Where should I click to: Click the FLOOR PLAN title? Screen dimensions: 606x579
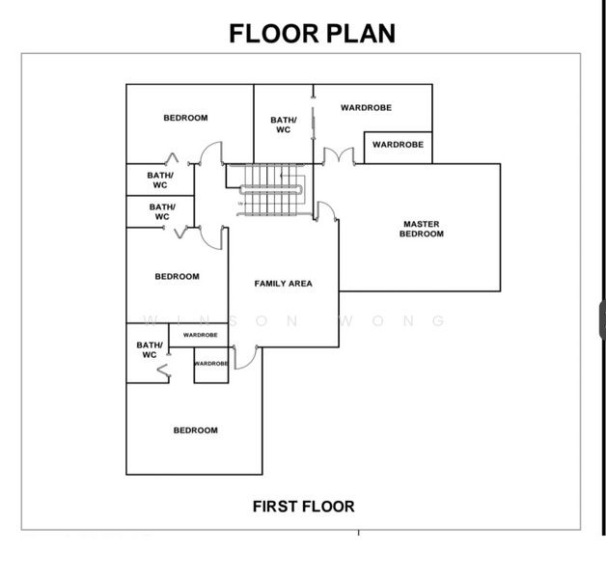coord(313,34)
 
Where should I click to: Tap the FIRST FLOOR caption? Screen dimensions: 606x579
coord(303,507)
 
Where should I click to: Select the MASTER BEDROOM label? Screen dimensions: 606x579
coord(422,229)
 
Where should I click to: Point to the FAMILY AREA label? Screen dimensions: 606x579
coord(284,284)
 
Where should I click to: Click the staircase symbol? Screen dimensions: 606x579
coord(270,189)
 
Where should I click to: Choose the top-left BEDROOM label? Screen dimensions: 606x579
coord(185,118)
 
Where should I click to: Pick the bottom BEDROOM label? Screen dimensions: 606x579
coord(196,430)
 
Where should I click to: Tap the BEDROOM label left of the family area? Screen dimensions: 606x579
coord(177,276)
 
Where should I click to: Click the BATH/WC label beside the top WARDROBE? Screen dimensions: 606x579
coord(284,124)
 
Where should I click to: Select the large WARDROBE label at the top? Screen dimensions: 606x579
coord(366,108)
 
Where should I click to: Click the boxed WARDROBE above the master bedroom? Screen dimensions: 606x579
coord(399,148)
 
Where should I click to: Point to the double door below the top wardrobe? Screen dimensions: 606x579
coord(339,156)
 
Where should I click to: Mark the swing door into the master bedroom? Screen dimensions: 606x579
coord(326,211)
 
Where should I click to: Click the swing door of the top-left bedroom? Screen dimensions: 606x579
coord(211,153)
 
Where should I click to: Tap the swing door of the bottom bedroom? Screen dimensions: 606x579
coord(245,357)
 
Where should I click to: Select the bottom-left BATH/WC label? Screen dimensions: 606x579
coord(150,349)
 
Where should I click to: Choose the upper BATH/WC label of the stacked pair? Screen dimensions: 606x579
coord(160,180)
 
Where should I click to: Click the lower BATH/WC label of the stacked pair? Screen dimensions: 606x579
coord(162,211)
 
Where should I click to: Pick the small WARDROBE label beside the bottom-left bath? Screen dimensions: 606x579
coord(200,335)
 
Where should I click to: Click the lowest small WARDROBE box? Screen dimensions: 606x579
coord(211,366)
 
